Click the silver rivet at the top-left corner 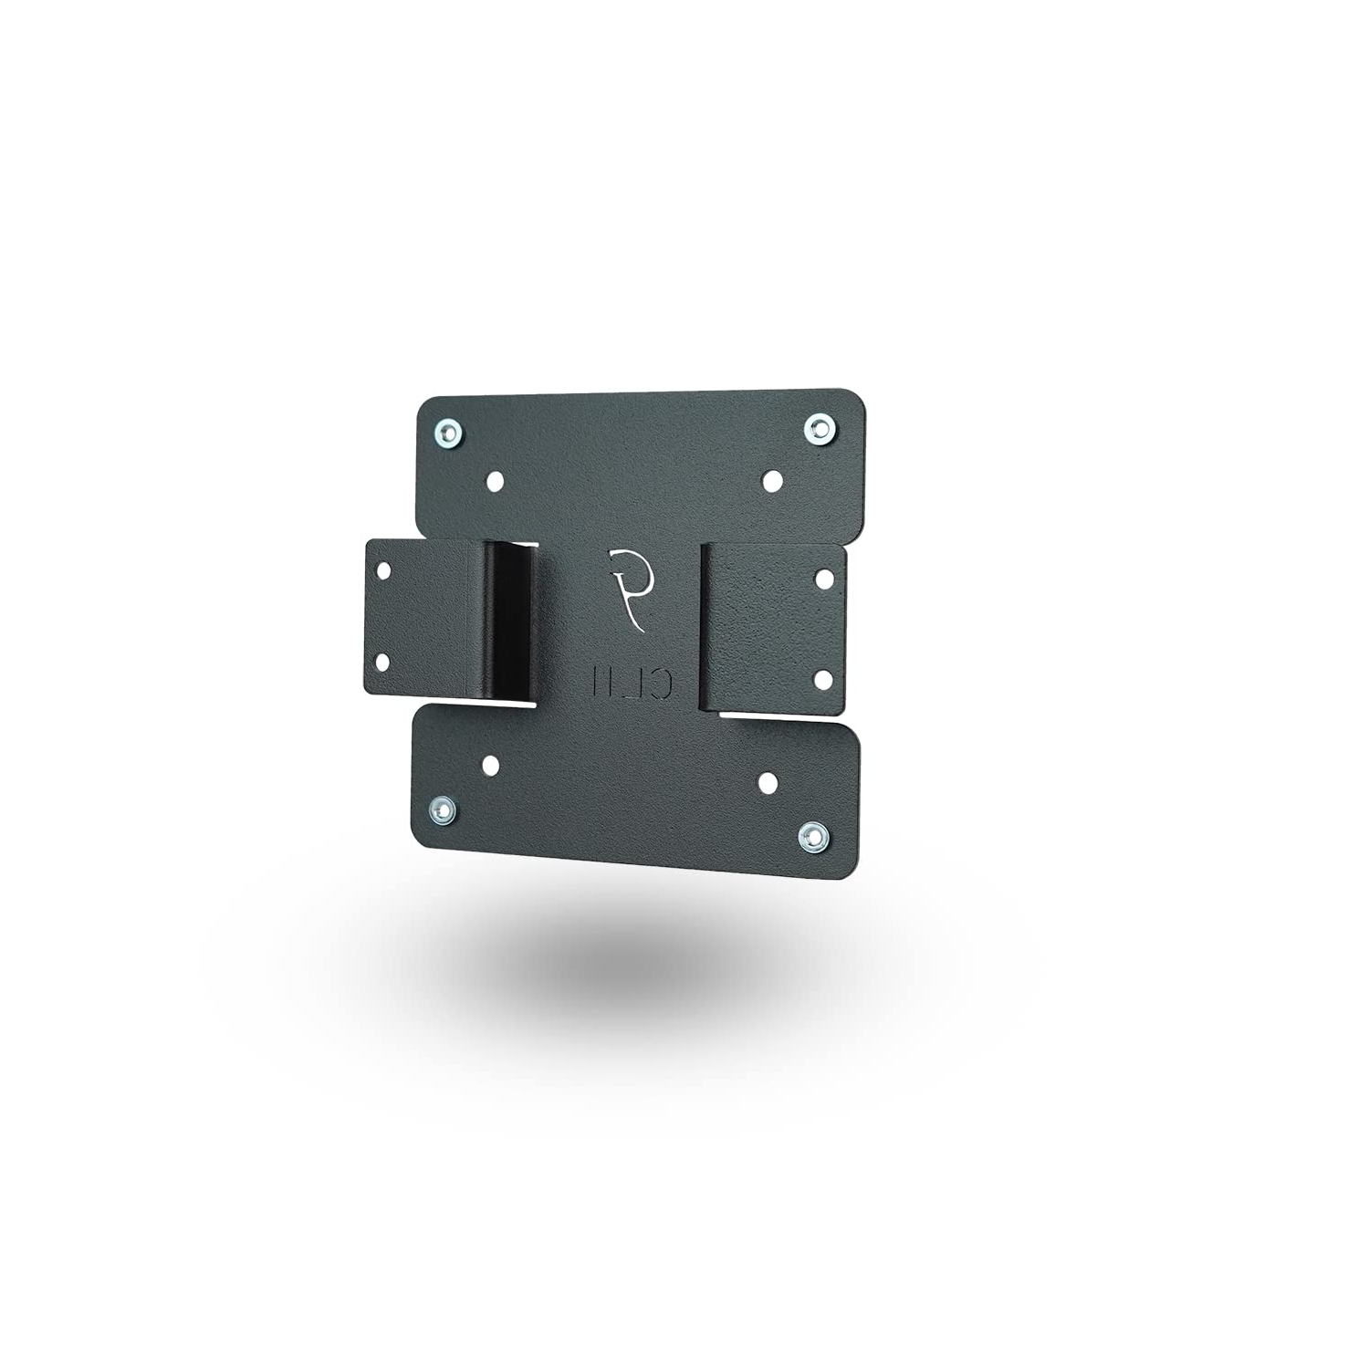pos(449,431)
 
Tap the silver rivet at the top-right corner pos(820,426)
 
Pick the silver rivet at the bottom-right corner pos(810,836)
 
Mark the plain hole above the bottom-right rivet pos(768,782)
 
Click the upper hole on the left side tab pos(382,570)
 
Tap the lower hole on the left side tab pos(382,660)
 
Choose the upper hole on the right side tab pos(821,578)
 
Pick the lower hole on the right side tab pos(820,678)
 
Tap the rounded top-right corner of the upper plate pos(853,402)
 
